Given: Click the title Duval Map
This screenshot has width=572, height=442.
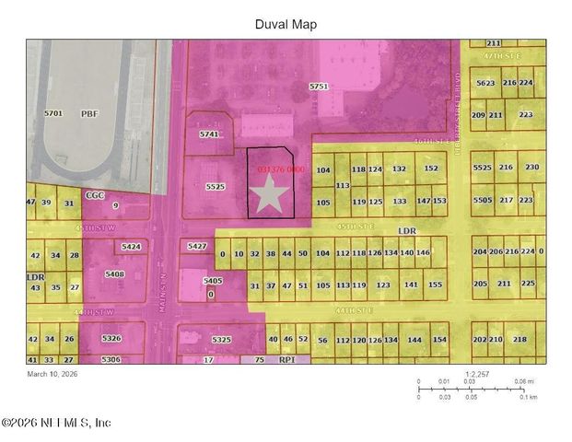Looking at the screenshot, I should pyautogui.click(x=286, y=25).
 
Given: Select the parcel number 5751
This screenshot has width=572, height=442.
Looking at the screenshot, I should pyautogui.click(x=319, y=86).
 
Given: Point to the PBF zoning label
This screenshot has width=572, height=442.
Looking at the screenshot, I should pyautogui.click(x=89, y=113).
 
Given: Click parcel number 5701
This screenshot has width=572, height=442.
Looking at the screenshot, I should pyautogui.click(x=53, y=113).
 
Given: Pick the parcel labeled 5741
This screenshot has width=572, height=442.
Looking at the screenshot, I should pyautogui.click(x=210, y=134).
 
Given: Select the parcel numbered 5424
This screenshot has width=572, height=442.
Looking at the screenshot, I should pyautogui.click(x=131, y=247).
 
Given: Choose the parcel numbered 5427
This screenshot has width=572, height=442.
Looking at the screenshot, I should pyautogui.click(x=196, y=247).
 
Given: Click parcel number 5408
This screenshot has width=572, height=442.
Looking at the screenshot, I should pyautogui.click(x=115, y=273).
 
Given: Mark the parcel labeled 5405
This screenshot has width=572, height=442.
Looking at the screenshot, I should pyautogui.click(x=213, y=281).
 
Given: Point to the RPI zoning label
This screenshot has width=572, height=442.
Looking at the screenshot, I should pyautogui.click(x=286, y=360).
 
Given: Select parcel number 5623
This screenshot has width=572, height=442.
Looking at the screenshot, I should pyautogui.click(x=484, y=83).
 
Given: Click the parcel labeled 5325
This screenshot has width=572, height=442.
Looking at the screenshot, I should pyautogui.click(x=222, y=340).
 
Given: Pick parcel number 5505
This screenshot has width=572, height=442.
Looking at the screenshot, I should pyautogui.click(x=483, y=200).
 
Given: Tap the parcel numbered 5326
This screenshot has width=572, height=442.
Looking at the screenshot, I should pyautogui.click(x=111, y=339).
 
